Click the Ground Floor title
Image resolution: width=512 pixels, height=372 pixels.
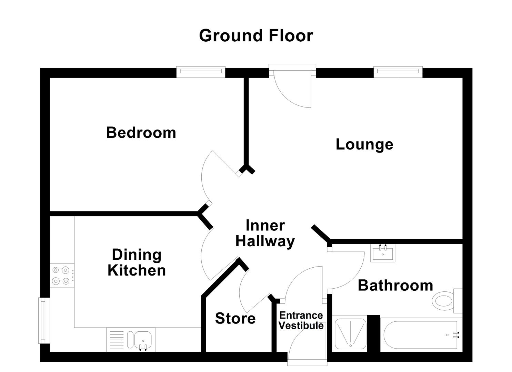pos(256,36)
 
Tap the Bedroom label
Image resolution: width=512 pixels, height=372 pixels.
pos(141,133)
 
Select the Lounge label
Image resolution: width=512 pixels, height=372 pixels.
pos(364,144)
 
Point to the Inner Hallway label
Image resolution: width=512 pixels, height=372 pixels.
pos(265,234)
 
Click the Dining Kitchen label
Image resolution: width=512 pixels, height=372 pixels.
pos(137,262)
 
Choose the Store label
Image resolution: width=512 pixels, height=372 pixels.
pos(235,319)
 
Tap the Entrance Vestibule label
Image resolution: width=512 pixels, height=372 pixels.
pos(301,321)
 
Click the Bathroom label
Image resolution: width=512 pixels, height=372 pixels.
pos(395,286)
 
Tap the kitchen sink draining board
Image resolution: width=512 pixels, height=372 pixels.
pos(116,340)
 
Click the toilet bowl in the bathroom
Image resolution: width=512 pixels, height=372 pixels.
pos(443,301)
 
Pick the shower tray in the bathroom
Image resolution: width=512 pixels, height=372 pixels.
pos(350,333)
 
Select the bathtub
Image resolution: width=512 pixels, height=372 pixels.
pos(421,335)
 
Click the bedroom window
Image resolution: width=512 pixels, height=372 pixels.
pos(201,72)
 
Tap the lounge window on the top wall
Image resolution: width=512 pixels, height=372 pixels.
pos(398,72)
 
